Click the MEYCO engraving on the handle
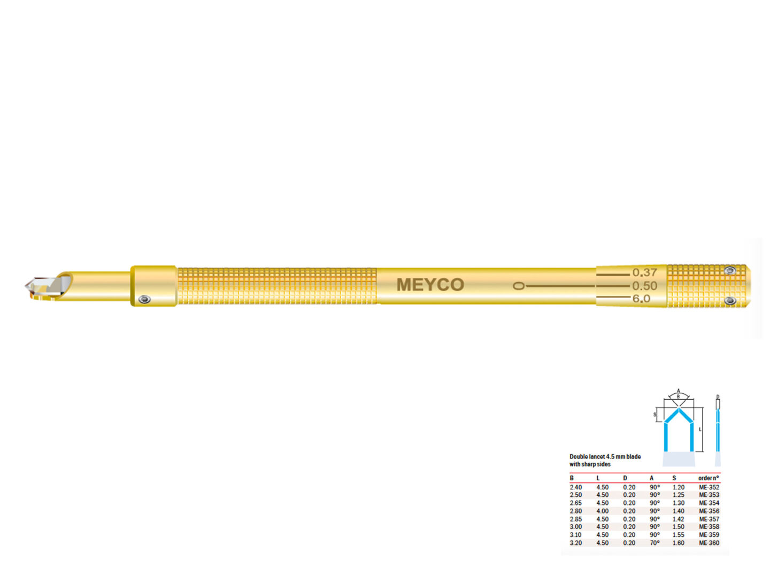click(430, 284)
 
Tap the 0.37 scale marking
click(645, 272)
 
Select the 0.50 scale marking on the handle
click(645, 286)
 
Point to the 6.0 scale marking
click(641, 299)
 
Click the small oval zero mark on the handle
click(519, 286)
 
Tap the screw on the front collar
click(144, 299)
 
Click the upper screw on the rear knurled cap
click(730, 270)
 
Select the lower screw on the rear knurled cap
click(730, 301)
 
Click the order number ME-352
click(709, 487)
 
